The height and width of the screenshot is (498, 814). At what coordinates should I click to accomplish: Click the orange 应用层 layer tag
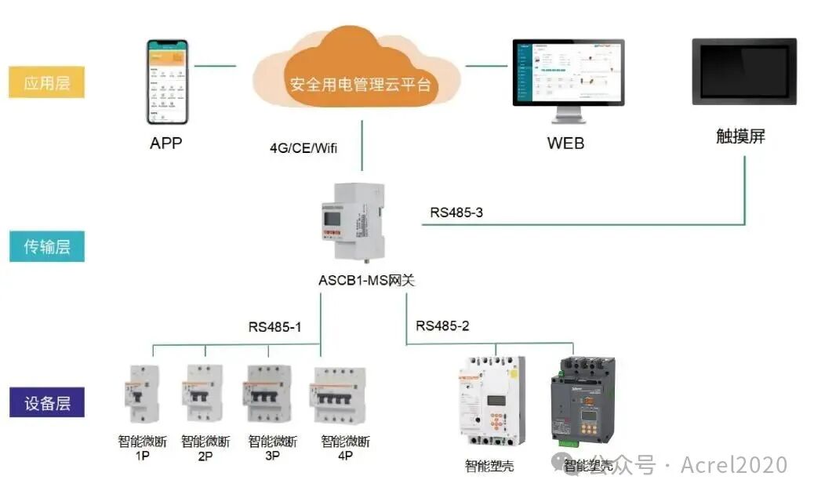[46, 82]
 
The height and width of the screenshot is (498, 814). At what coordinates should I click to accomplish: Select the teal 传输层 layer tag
[46, 246]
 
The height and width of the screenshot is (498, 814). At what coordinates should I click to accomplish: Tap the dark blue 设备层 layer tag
[46, 404]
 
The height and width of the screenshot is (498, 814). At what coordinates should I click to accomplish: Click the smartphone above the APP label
[169, 82]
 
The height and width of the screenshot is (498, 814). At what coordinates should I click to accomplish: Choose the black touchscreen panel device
[744, 72]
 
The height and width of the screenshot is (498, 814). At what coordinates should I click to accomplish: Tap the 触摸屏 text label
[740, 136]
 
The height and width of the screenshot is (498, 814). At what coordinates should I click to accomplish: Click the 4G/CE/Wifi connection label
[303, 147]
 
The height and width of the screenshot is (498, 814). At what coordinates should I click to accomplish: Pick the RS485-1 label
[274, 327]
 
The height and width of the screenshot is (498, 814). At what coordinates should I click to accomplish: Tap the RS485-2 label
[442, 325]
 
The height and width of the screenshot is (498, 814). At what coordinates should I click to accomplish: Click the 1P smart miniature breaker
[142, 395]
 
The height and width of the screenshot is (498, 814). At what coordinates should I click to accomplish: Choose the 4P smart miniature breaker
[339, 397]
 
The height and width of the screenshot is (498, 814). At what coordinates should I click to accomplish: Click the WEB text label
[565, 144]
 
